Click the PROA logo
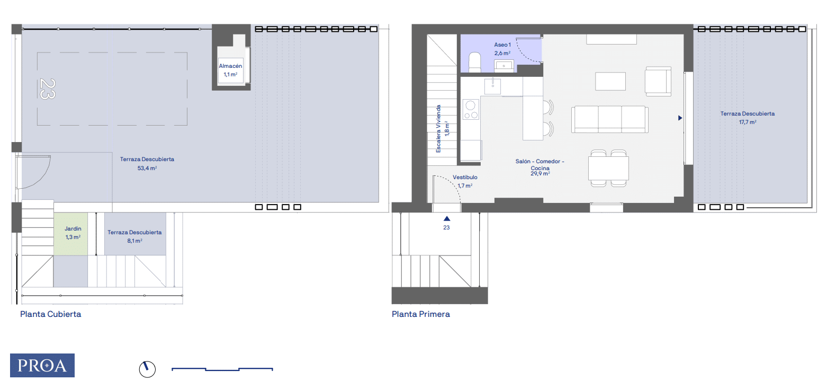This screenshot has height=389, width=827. pos(42,365)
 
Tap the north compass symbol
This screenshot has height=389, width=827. pos(147,369)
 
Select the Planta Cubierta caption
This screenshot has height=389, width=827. pos(51,314)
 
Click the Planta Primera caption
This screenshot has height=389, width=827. pos(420,314)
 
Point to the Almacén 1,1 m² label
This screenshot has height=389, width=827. pos(230,70)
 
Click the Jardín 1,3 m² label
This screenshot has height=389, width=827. pos(73,233)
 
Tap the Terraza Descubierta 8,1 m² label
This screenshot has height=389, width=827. pos(134,236)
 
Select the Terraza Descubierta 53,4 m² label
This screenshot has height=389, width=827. pos(147,164)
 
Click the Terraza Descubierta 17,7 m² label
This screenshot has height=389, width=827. pos(747,118)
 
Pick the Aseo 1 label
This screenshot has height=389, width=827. pos(502,45)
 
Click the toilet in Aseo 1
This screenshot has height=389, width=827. pos(474,63)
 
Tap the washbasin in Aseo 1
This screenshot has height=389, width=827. pos(504,66)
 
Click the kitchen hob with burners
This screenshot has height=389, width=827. pos(471,109)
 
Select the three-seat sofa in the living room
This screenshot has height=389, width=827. pos(609,119)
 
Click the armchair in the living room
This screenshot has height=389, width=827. pos(658,81)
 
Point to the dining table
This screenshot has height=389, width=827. pos(608,168)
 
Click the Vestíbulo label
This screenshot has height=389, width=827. pos(465,178)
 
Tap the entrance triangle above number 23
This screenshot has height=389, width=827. pos(447,219)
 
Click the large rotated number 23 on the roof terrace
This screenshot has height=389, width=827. pos(48,89)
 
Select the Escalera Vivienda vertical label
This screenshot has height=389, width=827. pos(438,129)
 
